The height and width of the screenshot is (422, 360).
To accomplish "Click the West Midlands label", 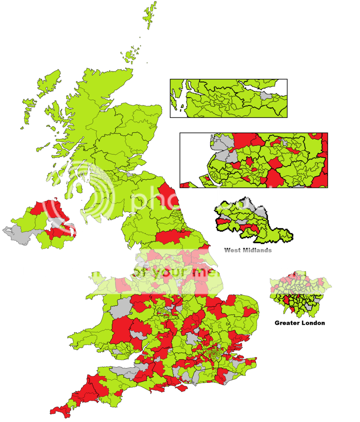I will pos(248,250).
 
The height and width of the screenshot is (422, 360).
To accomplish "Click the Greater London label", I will pos(299,323).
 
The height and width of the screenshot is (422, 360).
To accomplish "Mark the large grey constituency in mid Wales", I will pos(122,307).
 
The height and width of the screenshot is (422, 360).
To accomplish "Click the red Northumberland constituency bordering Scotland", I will pos(168,196).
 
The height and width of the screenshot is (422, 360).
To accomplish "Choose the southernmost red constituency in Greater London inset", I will pos(293,309).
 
